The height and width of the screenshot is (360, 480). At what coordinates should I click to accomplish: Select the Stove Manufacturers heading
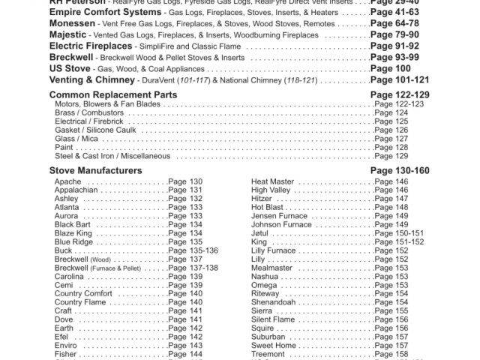[x=95, y=171]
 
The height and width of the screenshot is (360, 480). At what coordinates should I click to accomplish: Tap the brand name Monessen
[x=72, y=23]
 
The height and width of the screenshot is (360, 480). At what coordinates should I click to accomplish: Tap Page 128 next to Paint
[x=391, y=148]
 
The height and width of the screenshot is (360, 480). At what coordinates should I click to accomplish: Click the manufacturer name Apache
[x=68, y=182]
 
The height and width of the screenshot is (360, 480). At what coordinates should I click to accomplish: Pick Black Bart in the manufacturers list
[x=73, y=224]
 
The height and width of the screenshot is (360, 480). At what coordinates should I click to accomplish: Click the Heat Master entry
[x=272, y=182]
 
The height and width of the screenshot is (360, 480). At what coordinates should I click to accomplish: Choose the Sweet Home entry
[x=274, y=345]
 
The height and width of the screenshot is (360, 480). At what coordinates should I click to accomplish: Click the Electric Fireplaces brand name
[x=96, y=46]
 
